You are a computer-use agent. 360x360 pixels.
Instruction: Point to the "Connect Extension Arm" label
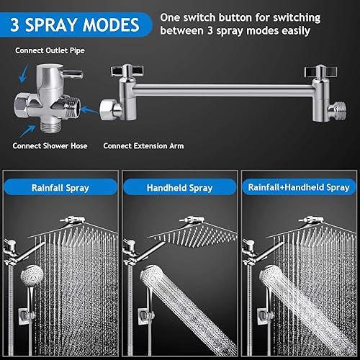tap(143, 145)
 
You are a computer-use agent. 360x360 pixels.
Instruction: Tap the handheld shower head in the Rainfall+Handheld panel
tap(277, 288)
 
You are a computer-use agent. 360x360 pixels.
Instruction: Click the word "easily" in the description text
tap(294, 31)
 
